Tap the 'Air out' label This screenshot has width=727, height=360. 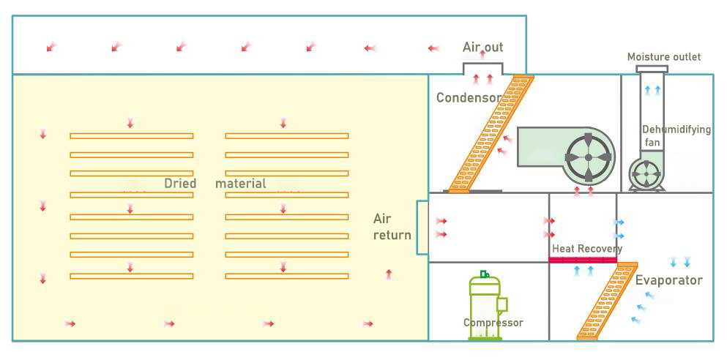coord(482,48)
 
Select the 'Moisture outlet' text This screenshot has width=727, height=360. coord(663,57)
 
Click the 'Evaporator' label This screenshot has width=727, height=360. coord(668,280)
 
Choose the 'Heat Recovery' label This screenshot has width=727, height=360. coord(586,249)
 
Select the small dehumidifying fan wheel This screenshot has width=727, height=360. coord(647,174)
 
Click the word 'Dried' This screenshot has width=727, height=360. coord(180,184)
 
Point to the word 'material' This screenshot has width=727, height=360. coord(241,184)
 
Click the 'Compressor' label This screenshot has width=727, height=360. coord(493,323)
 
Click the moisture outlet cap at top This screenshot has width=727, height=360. coord(652,69)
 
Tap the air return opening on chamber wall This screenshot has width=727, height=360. coord(422,227)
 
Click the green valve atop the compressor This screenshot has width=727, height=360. coord(484,274)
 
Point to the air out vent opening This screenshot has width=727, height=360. coord(482,68)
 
